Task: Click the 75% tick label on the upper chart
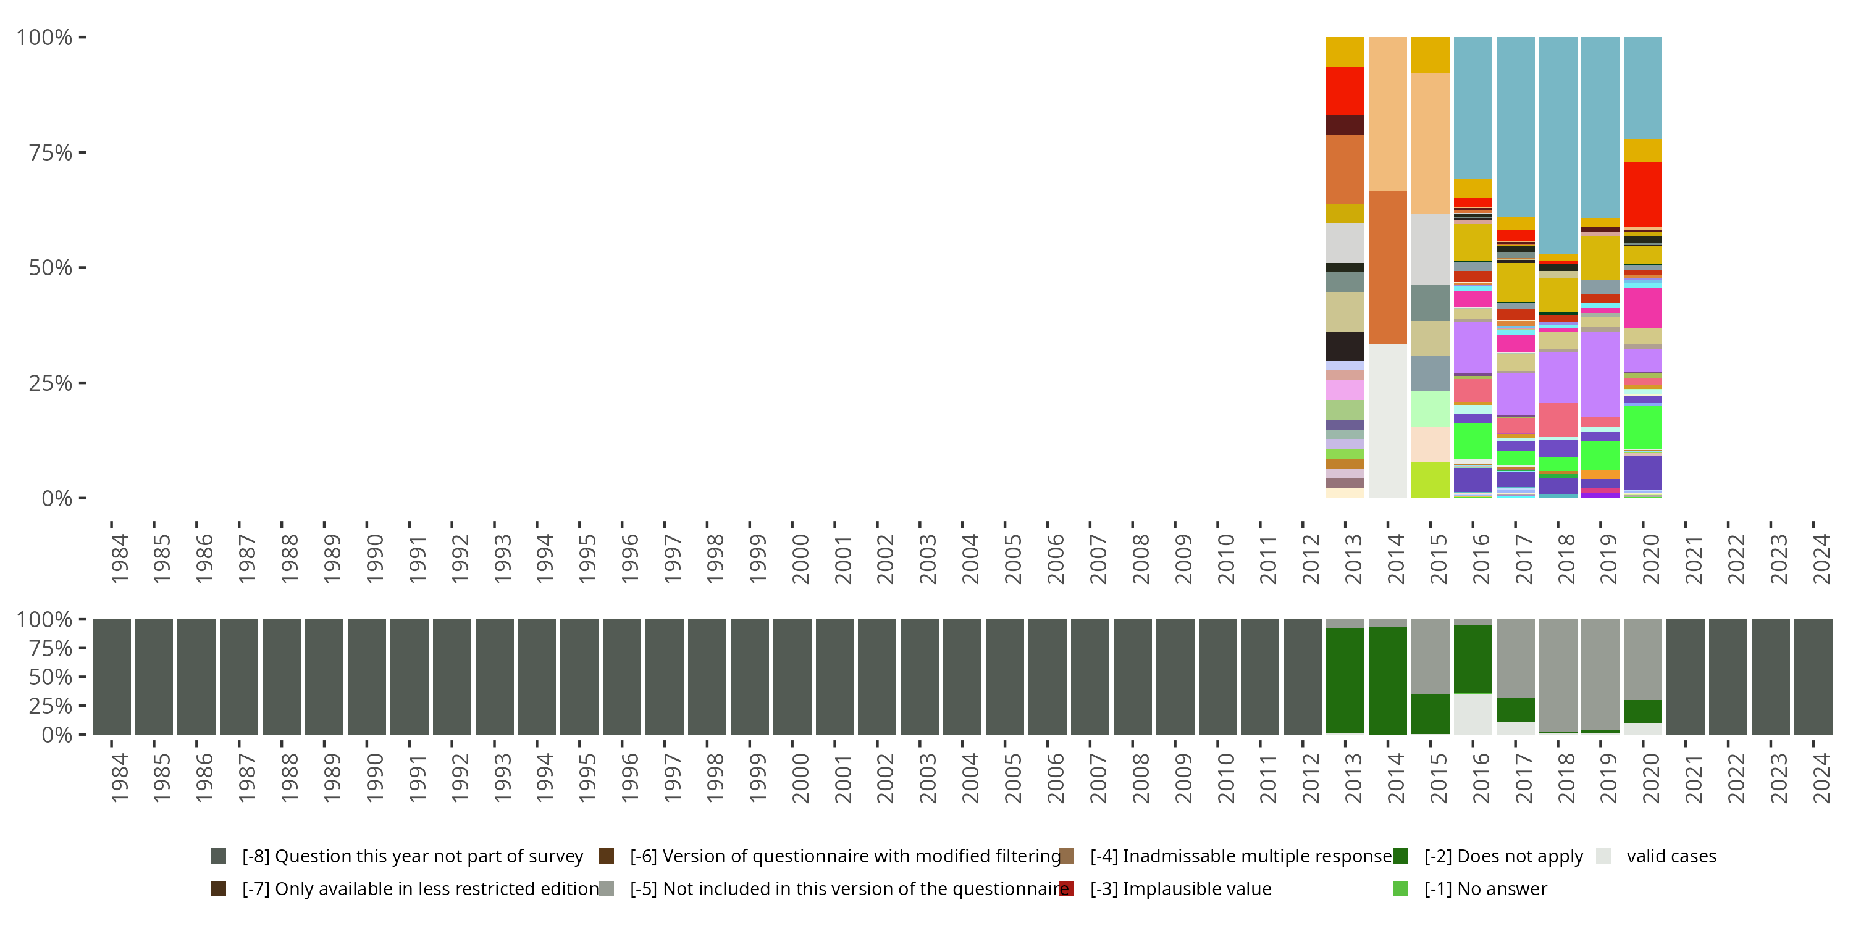(x=51, y=153)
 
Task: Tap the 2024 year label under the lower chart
(x=1821, y=778)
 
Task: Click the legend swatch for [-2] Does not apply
(x=1400, y=856)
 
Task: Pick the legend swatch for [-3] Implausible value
(x=1067, y=888)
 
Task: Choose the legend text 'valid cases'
(x=1671, y=856)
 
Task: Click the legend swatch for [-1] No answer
(x=1400, y=888)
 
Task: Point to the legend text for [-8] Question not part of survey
(x=412, y=856)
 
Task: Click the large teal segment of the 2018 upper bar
(x=1558, y=144)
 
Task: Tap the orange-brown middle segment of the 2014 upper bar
(x=1388, y=267)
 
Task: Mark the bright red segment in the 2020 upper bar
(x=1643, y=194)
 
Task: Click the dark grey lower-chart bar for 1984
(x=112, y=677)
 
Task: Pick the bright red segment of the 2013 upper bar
(x=1345, y=91)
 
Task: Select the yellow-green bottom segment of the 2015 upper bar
(x=1430, y=480)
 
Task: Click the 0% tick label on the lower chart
(x=57, y=735)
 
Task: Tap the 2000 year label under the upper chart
(x=800, y=559)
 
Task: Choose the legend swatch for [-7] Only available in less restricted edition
(x=219, y=888)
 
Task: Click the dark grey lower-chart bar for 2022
(x=1728, y=677)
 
